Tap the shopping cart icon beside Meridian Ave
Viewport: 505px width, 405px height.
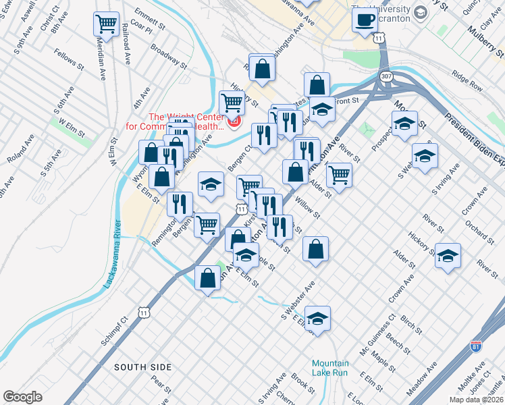pos(107,24)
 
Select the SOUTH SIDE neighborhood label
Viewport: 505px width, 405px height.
pos(142,367)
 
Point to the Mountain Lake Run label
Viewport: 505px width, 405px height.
pos(329,367)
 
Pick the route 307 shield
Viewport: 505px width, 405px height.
pos(386,76)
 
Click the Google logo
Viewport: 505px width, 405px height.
pos(23,397)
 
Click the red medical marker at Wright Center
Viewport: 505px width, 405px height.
pos(235,122)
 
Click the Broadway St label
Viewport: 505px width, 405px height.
pos(168,57)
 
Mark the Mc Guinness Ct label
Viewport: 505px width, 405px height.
pos(377,331)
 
